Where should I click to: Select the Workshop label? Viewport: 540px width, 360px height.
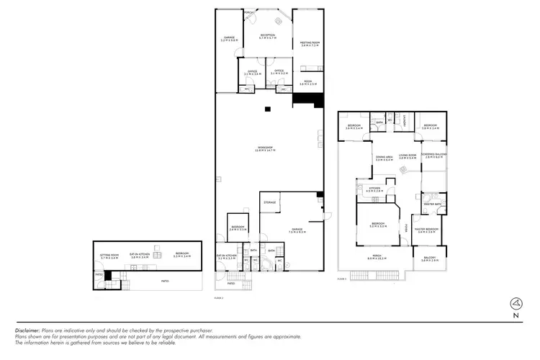coord(267,148)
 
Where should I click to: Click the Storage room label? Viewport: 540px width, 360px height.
coord(270,202)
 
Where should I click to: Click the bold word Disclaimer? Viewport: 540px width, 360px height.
coord(28,330)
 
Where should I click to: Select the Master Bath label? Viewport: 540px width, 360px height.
coord(432,204)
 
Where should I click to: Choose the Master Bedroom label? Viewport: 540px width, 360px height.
coord(427,230)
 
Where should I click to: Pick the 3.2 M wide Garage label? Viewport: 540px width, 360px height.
coord(229,39)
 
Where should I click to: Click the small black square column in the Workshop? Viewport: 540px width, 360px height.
coord(267,109)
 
